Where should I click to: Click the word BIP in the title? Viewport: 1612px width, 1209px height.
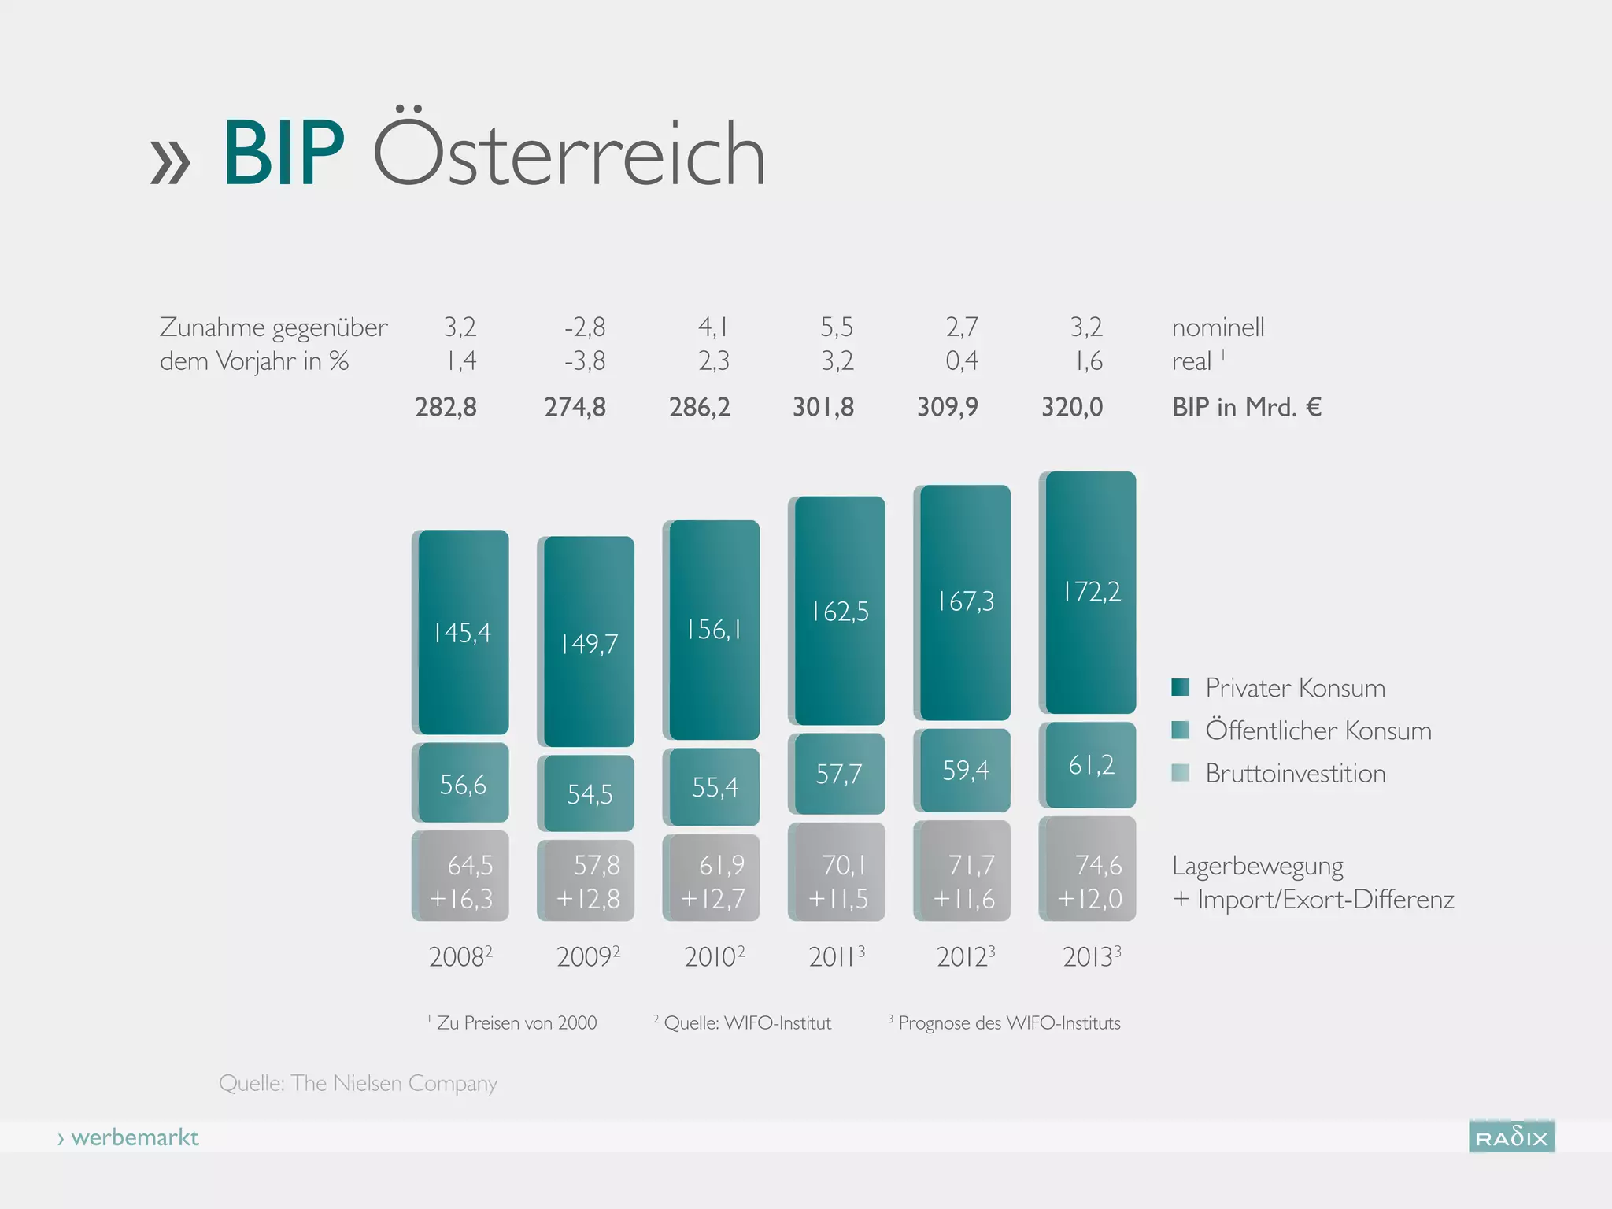pyautogui.click(x=283, y=153)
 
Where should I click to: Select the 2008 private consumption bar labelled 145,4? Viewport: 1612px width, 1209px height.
pyautogui.click(x=463, y=632)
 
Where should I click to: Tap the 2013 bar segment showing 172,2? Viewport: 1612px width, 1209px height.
pyautogui.click(x=1091, y=592)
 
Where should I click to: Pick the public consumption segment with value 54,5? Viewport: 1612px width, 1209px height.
pyautogui.click(x=589, y=793)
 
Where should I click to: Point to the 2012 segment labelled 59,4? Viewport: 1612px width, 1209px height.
pyautogui.click(x=965, y=771)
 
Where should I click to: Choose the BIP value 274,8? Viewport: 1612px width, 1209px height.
pyautogui.click(x=575, y=407)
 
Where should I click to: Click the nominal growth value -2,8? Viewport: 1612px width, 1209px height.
pyautogui.click(x=584, y=327)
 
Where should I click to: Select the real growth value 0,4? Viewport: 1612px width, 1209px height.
pyautogui.click(x=961, y=361)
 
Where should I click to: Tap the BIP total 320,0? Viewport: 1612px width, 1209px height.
pyautogui.click(x=1072, y=407)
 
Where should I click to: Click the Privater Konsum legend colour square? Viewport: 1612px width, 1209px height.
pyautogui.click(x=1180, y=687)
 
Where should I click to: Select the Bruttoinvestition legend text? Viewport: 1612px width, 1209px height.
pyautogui.click(x=1295, y=773)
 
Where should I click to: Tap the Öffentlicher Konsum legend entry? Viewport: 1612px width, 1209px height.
pyautogui.click(x=1318, y=730)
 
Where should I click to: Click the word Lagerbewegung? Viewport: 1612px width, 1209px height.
pyautogui.click(x=1257, y=866)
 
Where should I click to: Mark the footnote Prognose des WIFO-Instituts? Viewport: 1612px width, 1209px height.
pyautogui.click(x=1008, y=1023)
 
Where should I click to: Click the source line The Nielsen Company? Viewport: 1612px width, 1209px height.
pyautogui.click(x=358, y=1083)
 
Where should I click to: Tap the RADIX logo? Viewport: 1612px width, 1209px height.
pyautogui.click(x=1511, y=1137)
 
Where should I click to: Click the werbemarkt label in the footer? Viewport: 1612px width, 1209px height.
pyautogui.click(x=134, y=1137)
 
